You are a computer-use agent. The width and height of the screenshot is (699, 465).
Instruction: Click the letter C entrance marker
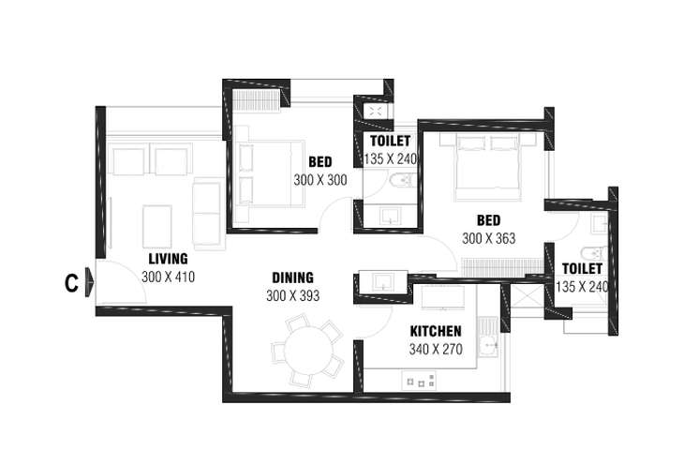point(71,282)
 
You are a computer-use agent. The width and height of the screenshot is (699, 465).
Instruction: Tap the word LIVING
point(168,259)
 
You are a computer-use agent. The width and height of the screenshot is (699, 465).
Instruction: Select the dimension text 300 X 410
point(168,277)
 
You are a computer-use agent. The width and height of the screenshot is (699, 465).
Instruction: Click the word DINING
point(292,277)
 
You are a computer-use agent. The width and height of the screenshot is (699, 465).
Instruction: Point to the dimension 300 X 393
point(293,295)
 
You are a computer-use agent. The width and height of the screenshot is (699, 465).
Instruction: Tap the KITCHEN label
point(436,331)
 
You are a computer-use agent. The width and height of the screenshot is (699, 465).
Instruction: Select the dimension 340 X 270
point(436,349)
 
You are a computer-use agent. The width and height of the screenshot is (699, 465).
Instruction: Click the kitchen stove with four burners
point(419,382)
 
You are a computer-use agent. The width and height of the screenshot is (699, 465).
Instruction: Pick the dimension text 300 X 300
point(320,180)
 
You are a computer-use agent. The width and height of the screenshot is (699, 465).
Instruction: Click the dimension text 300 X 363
point(488,238)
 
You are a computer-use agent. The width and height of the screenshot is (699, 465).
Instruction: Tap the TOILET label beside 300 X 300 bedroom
point(390,141)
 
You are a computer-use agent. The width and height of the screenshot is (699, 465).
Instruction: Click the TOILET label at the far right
point(582,268)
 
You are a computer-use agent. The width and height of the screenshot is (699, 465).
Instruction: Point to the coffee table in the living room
point(157,227)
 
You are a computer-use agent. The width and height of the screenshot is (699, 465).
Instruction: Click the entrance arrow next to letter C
point(90,282)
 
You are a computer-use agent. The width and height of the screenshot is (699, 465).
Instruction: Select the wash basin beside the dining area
point(383,282)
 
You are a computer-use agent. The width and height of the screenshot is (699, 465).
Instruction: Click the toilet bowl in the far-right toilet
point(593,254)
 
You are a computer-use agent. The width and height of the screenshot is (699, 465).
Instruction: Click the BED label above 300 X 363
point(488,220)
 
